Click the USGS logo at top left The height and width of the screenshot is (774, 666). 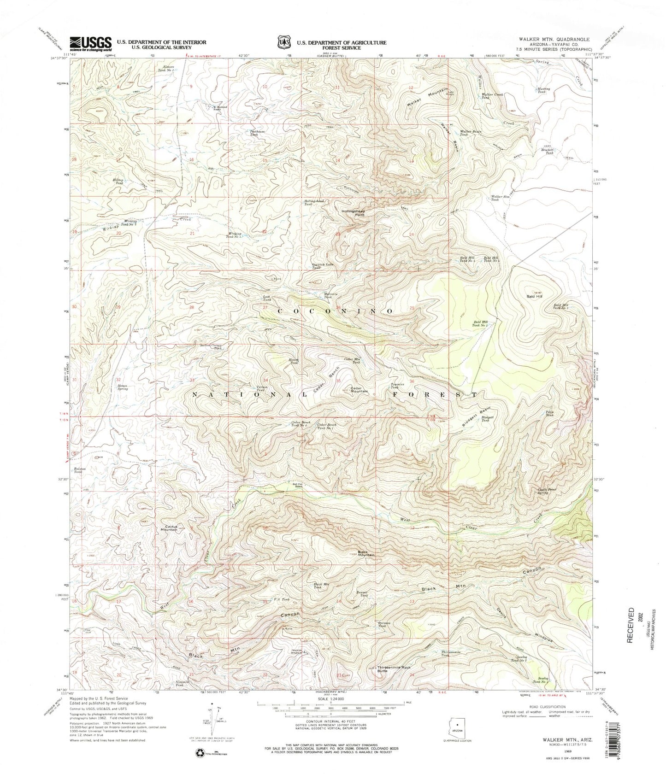click(90, 44)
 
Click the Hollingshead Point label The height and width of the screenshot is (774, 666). click(354, 213)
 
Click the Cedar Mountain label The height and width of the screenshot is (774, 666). click(360, 390)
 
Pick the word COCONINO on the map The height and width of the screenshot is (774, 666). click(335, 311)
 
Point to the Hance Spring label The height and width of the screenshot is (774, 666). click(122, 387)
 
